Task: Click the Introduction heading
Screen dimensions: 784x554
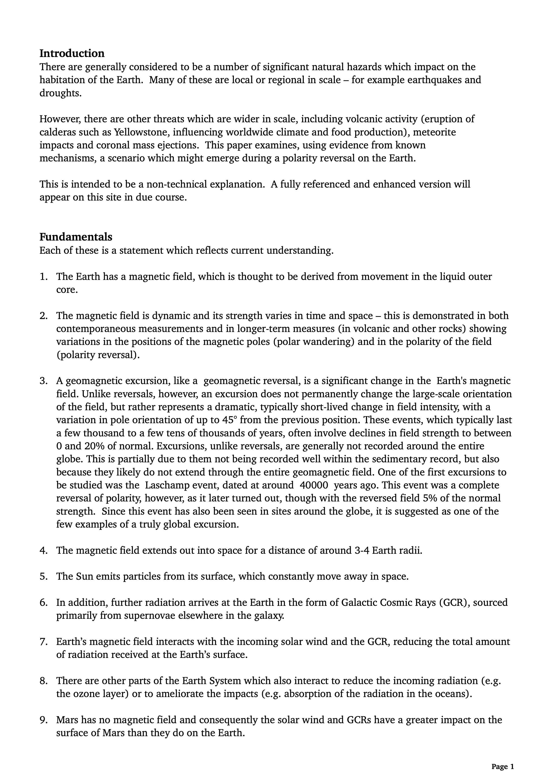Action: click(72, 54)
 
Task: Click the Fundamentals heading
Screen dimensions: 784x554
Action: click(76, 237)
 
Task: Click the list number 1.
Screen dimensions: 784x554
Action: click(43, 277)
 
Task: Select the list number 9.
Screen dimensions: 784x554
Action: click(43, 720)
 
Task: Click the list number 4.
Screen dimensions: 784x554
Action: click(43, 550)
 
